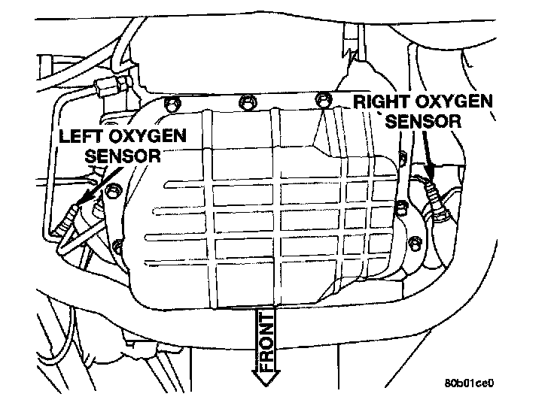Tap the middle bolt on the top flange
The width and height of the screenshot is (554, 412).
(242, 100)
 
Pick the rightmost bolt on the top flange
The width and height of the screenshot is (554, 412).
(323, 98)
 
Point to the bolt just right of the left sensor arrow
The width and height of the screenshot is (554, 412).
(114, 192)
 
